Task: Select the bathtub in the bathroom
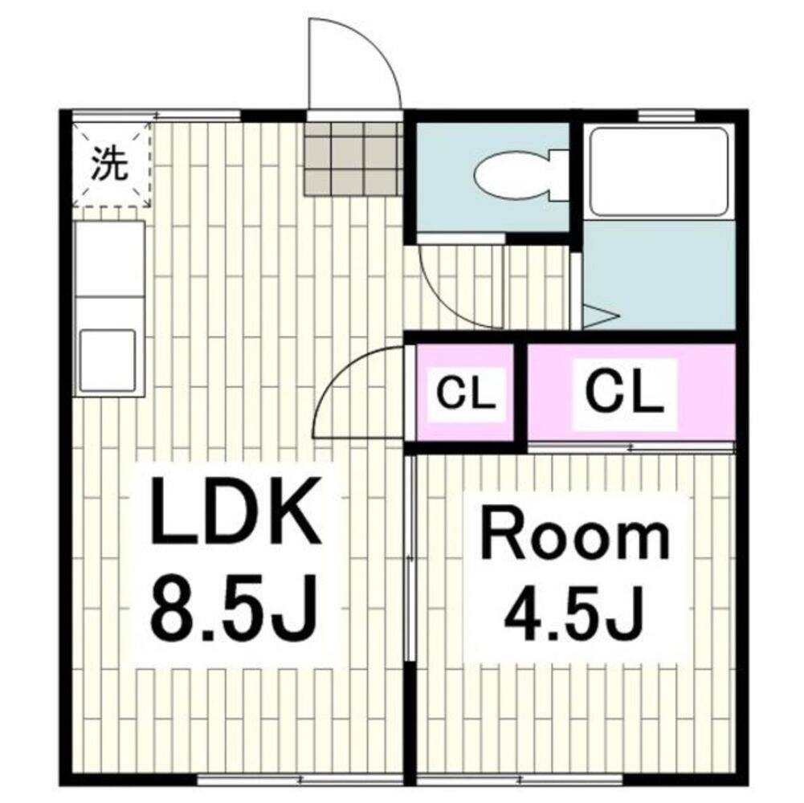659,172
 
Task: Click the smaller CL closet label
466,393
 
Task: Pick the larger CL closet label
624,393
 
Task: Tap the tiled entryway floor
353,158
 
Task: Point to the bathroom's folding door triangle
601,316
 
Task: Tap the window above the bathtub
667,116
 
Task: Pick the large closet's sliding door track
631,447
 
